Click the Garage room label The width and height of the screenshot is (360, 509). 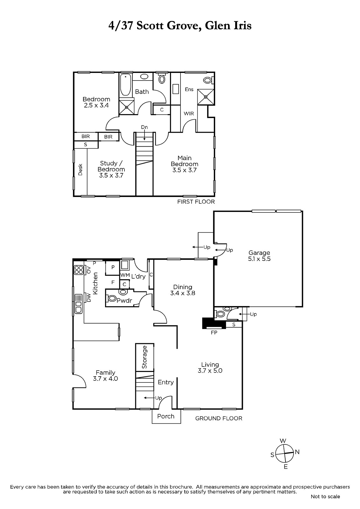tap(259, 256)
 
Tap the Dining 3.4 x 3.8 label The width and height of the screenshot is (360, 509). tap(183, 290)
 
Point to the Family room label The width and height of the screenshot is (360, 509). tap(105, 376)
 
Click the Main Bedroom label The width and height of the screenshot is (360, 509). tap(184, 164)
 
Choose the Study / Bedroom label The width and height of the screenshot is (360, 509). tap(111, 169)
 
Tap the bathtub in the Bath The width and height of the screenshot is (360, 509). tap(125, 85)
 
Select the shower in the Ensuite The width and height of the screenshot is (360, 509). tap(206, 97)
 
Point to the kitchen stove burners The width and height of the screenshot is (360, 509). tap(79, 270)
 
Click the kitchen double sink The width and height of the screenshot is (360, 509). tap(79, 304)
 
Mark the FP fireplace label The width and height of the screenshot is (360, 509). tap(214, 333)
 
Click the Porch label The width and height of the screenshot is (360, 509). tap(166, 416)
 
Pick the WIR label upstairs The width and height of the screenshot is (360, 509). tap(189, 113)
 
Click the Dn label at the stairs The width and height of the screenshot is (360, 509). tap(145, 127)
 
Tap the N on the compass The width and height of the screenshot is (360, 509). tap(297, 452)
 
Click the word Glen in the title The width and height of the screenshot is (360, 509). tap(217, 26)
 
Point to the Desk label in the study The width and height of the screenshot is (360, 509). tap(80, 170)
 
